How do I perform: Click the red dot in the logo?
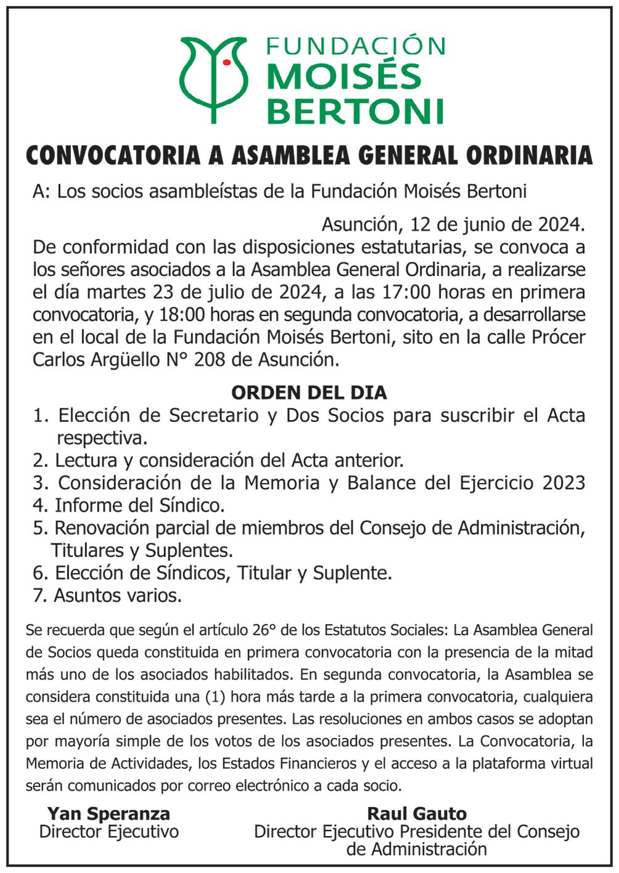tap(227, 62)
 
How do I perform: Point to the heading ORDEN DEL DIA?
tap(309, 392)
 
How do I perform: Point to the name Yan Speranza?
tap(109, 813)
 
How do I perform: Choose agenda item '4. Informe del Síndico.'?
tap(129, 505)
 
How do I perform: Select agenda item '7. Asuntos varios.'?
tap(107, 596)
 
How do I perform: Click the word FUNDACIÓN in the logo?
tap(355, 46)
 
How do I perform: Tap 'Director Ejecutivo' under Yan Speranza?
tap(109, 832)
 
